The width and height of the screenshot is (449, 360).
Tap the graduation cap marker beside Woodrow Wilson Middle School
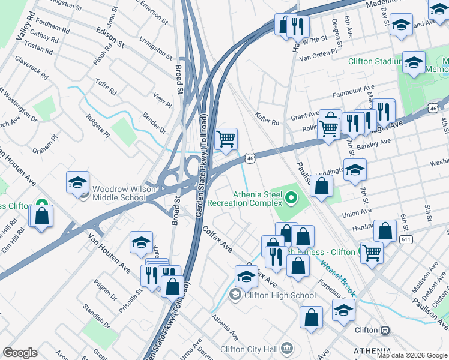78,182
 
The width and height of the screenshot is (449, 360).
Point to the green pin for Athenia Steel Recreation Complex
292,197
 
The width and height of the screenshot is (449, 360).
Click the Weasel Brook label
337,278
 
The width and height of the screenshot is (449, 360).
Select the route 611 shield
407,239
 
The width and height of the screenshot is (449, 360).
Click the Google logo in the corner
20,353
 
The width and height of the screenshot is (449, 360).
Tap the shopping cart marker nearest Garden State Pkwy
226,139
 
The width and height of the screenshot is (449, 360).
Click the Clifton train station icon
384,331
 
